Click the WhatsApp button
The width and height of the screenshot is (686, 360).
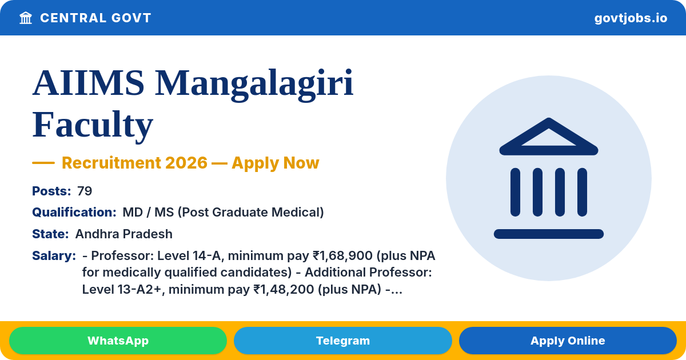[x=118, y=341]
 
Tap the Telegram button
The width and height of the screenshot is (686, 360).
[x=342, y=341]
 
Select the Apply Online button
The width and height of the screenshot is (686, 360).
[x=568, y=341]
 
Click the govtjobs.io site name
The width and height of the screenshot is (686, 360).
[x=631, y=18]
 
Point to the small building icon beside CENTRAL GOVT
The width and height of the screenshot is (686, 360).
[x=26, y=18]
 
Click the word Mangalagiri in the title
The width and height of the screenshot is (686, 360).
[x=254, y=83]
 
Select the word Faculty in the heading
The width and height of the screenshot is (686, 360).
[x=93, y=125]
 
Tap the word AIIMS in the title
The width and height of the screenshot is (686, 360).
[x=88, y=83]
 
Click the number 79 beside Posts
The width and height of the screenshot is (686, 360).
[x=85, y=191]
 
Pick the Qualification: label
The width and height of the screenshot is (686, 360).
[x=74, y=212]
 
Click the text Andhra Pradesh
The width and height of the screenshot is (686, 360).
[x=123, y=234]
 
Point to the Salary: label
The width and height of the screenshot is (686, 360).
[x=54, y=255]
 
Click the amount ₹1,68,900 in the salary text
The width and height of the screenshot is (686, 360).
[x=342, y=255]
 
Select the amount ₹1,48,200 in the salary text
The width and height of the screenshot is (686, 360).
[x=284, y=289]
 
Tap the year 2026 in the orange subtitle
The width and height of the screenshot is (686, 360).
[x=186, y=162]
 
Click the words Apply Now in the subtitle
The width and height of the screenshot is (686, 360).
[x=276, y=162]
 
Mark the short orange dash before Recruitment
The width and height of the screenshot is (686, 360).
[x=43, y=163]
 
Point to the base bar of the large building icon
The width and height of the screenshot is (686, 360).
[x=548, y=234]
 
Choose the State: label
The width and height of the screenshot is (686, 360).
[x=50, y=234]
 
